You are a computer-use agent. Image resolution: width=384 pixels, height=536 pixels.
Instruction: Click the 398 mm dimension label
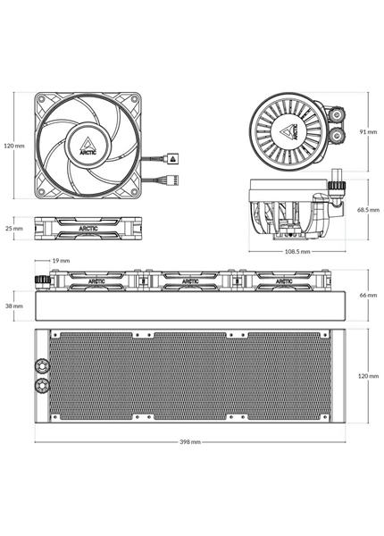pos(190,441)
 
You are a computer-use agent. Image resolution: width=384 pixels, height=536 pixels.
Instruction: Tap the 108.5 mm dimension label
pos(297,252)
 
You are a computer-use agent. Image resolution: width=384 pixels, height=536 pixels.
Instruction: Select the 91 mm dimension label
pos(368,131)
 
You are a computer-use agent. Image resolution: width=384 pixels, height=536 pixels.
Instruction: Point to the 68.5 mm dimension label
pos(368,210)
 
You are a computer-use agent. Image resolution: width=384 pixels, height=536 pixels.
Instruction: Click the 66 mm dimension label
pos(368,295)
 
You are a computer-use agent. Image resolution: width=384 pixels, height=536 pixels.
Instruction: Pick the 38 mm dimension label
pos(14,306)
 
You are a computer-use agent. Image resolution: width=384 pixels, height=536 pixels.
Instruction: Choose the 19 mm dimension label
pos(61,261)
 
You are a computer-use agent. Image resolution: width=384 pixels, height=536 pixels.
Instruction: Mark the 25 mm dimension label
pos(14,228)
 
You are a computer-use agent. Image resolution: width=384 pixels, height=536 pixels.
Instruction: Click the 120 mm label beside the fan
pos(14,146)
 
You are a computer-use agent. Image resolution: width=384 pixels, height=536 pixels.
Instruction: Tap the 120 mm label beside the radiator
pos(368,376)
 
